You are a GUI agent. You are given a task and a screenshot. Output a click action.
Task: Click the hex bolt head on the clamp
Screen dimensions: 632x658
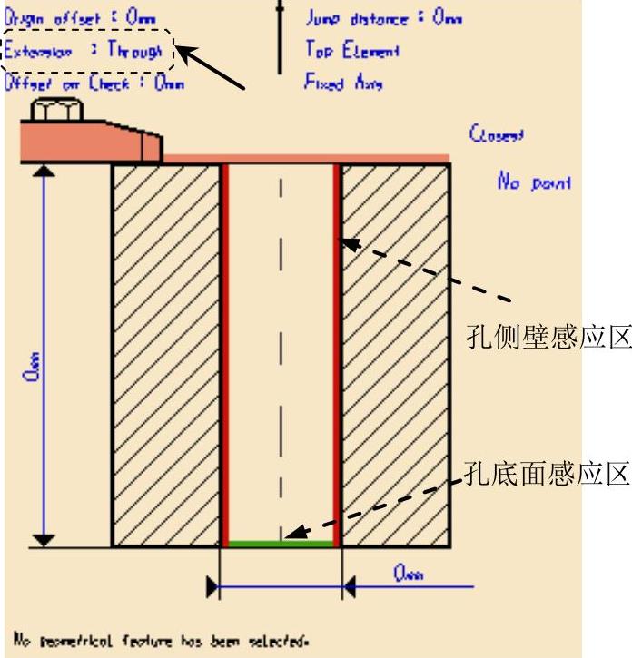click(x=57, y=112)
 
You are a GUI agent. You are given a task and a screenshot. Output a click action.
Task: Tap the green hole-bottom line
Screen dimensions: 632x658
click(x=281, y=544)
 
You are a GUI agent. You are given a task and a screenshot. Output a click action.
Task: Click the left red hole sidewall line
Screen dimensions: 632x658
click(x=224, y=354)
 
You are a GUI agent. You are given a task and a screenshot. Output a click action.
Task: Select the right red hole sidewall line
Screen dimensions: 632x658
click(x=338, y=354)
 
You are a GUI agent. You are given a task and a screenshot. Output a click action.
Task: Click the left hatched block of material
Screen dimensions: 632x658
click(x=165, y=354)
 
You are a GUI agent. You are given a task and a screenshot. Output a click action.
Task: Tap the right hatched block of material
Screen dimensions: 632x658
click(x=396, y=354)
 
